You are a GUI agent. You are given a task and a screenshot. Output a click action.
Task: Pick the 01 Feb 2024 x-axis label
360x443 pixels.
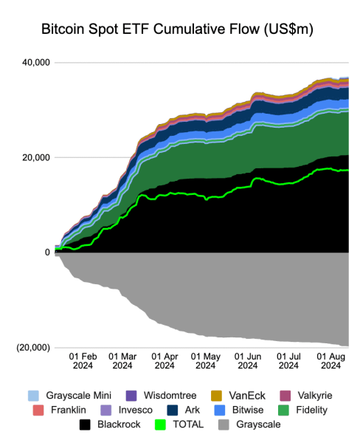click(83, 359)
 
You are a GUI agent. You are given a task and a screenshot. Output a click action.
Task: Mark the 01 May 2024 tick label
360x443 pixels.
click(205, 359)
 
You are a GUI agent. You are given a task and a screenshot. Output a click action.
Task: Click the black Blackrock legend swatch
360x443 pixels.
click(86, 425)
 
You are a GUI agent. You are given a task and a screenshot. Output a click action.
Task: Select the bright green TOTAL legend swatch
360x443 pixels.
click(162, 425)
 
